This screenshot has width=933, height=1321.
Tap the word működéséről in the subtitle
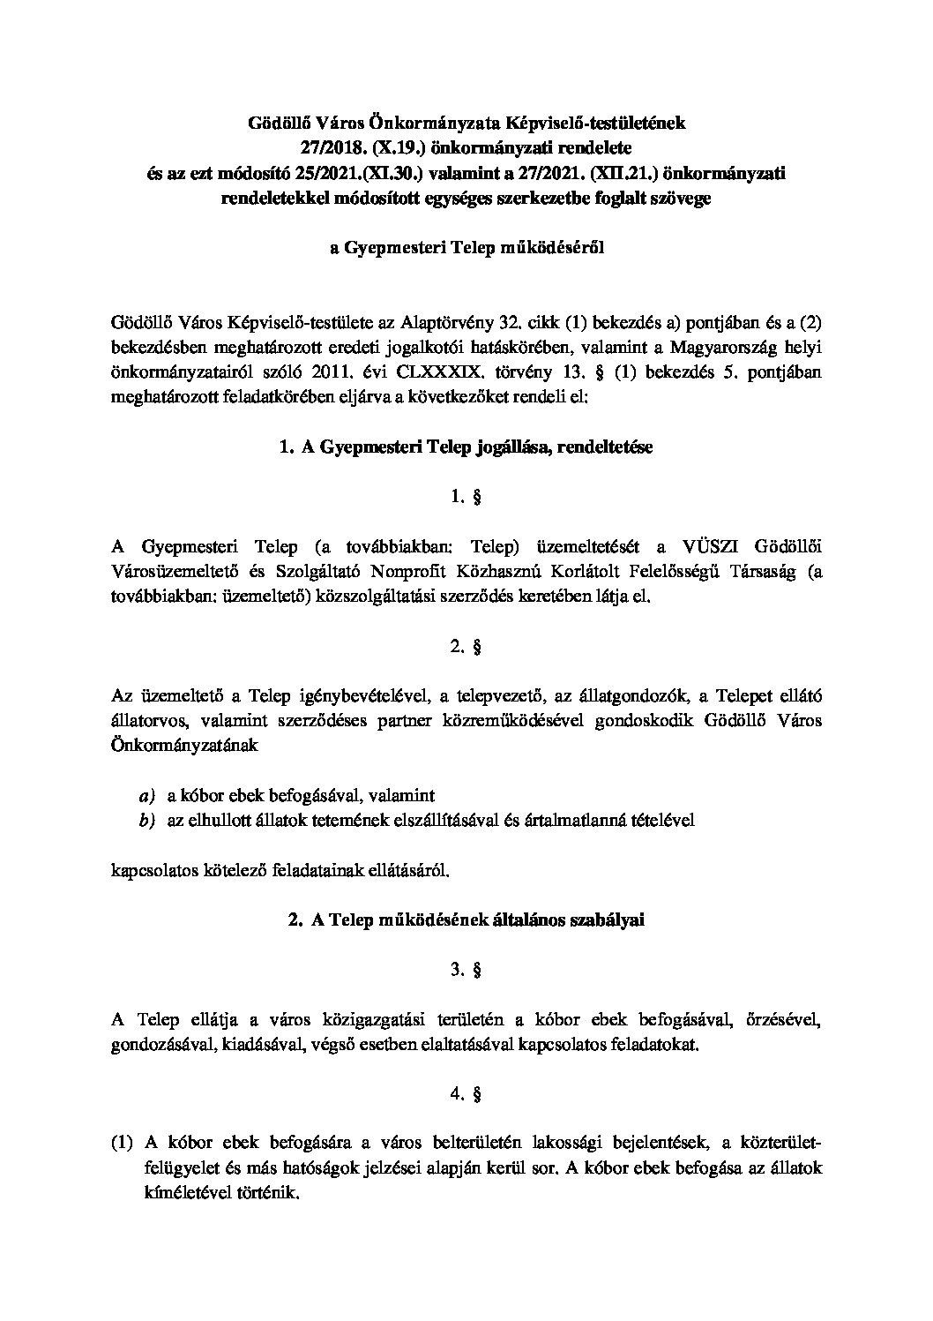(x=550, y=248)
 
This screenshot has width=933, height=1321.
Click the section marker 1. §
(x=466, y=498)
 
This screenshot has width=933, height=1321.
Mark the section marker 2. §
(x=466, y=647)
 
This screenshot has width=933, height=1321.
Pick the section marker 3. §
(x=466, y=970)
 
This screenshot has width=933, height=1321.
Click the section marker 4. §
(x=466, y=1094)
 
